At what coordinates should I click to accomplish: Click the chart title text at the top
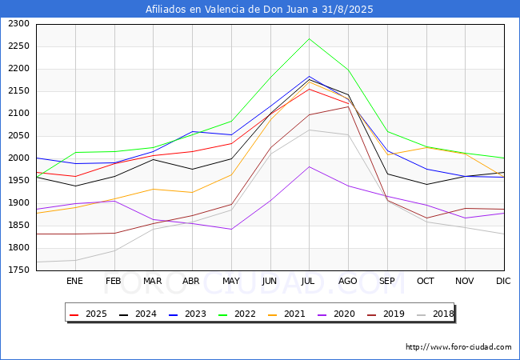(x=259, y=10)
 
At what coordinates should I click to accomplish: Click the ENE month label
(x=74, y=281)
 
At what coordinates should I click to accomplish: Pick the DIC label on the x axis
(x=503, y=281)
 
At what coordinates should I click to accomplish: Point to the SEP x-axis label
(x=386, y=281)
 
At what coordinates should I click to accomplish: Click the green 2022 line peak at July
(x=309, y=38)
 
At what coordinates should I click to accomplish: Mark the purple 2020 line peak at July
(x=309, y=166)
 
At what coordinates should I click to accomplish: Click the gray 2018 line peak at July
(x=309, y=130)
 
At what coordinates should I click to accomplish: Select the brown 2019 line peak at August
(x=348, y=106)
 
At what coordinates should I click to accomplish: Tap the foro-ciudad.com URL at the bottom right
(x=458, y=347)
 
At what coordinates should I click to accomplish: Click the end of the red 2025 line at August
(x=348, y=102)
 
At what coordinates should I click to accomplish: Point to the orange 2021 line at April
(x=191, y=193)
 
